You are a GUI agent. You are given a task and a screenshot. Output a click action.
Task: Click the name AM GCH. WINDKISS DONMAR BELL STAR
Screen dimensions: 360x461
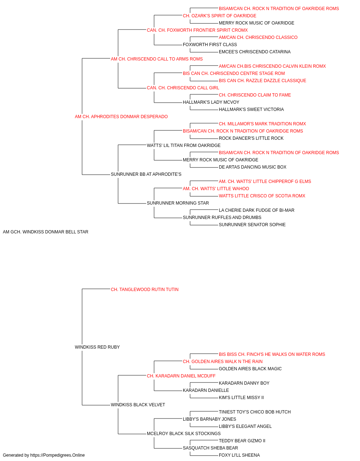(x=45, y=232)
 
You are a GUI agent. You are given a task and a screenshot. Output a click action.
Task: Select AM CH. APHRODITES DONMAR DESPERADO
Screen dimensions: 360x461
(x=121, y=117)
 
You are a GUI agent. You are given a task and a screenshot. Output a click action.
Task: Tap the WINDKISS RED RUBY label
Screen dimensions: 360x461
(x=97, y=347)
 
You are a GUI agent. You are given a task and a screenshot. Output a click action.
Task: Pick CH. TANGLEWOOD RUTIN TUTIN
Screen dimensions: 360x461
(x=145, y=290)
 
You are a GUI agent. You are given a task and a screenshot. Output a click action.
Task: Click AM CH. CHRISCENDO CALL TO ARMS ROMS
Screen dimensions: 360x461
(x=157, y=59)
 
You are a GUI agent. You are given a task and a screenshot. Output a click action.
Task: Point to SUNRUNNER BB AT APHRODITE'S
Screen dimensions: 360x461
(x=146, y=174)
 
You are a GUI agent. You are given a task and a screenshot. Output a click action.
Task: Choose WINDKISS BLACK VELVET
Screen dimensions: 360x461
(x=138, y=405)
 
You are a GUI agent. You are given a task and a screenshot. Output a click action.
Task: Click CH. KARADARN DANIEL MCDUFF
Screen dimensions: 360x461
(x=181, y=376)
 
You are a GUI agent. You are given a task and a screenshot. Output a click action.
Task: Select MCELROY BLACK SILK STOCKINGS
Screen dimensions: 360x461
(x=184, y=434)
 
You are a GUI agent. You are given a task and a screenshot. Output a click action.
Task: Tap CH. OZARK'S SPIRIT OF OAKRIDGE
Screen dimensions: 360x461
(x=220, y=16)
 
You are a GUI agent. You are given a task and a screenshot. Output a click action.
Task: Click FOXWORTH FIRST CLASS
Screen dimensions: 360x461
(x=210, y=45)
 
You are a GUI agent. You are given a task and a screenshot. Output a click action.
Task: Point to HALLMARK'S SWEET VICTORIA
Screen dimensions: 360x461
(x=251, y=109)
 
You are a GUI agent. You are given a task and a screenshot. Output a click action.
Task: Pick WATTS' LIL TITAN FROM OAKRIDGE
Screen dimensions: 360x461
(x=184, y=146)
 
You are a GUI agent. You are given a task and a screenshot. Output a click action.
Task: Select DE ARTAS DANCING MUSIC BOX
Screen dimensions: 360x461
(x=252, y=167)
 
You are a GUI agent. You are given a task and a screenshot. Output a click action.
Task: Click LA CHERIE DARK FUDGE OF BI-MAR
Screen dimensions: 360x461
(x=257, y=210)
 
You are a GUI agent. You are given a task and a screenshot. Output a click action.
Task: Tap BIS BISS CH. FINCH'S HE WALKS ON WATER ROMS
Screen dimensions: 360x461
(x=272, y=354)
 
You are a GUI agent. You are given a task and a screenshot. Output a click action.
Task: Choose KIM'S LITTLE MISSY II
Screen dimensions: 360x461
(x=241, y=398)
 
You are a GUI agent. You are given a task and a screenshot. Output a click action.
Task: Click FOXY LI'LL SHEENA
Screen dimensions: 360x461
(x=239, y=455)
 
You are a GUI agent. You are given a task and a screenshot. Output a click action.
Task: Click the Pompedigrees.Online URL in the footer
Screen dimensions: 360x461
(x=57, y=455)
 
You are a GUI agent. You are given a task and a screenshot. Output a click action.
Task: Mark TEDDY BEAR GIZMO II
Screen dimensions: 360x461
(x=242, y=441)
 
